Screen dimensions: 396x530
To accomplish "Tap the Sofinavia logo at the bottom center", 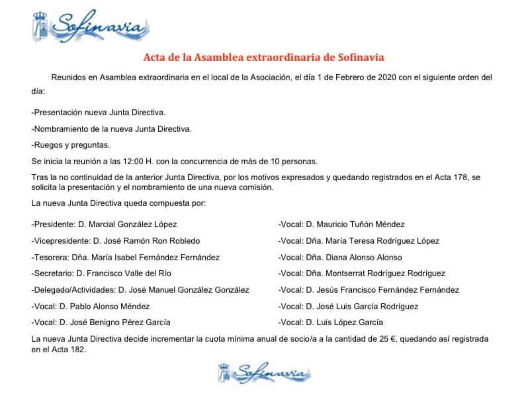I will (x=264, y=373).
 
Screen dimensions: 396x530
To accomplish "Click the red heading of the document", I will (x=264, y=58).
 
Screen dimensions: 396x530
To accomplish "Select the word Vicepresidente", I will (x=61, y=240).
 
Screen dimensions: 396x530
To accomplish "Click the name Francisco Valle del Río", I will (x=123, y=273).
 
